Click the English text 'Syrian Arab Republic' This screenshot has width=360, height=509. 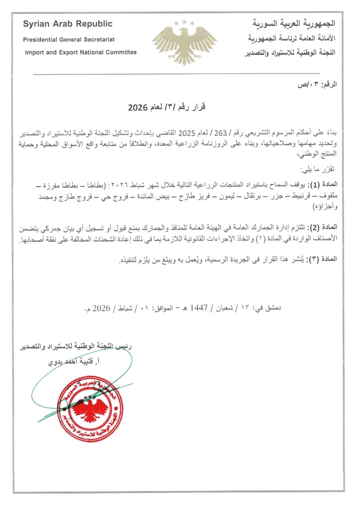67,24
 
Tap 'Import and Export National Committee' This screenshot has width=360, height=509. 80,53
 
